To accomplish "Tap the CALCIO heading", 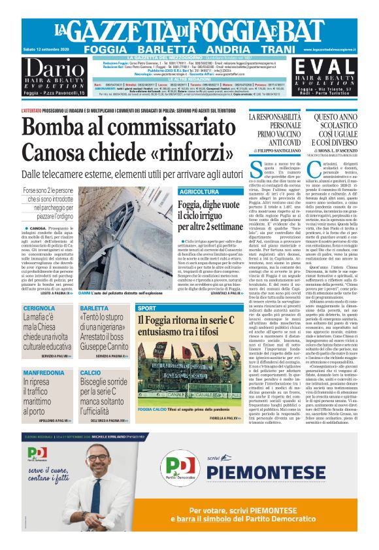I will pyautogui.click(x=91, y=372).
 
